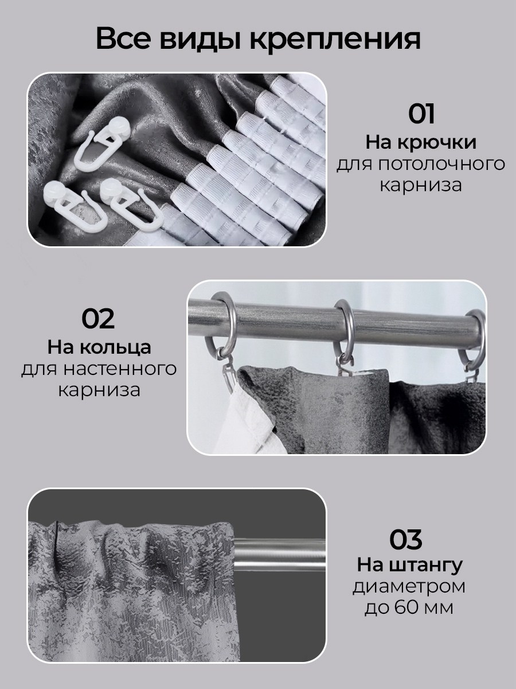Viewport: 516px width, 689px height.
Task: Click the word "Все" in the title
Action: click(x=123, y=38)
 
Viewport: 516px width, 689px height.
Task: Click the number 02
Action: click(x=98, y=318)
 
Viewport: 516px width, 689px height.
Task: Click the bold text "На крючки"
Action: click(x=421, y=143)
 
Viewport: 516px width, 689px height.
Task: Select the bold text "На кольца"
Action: click(x=99, y=348)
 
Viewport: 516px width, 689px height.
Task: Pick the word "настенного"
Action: click(x=120, y=369)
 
